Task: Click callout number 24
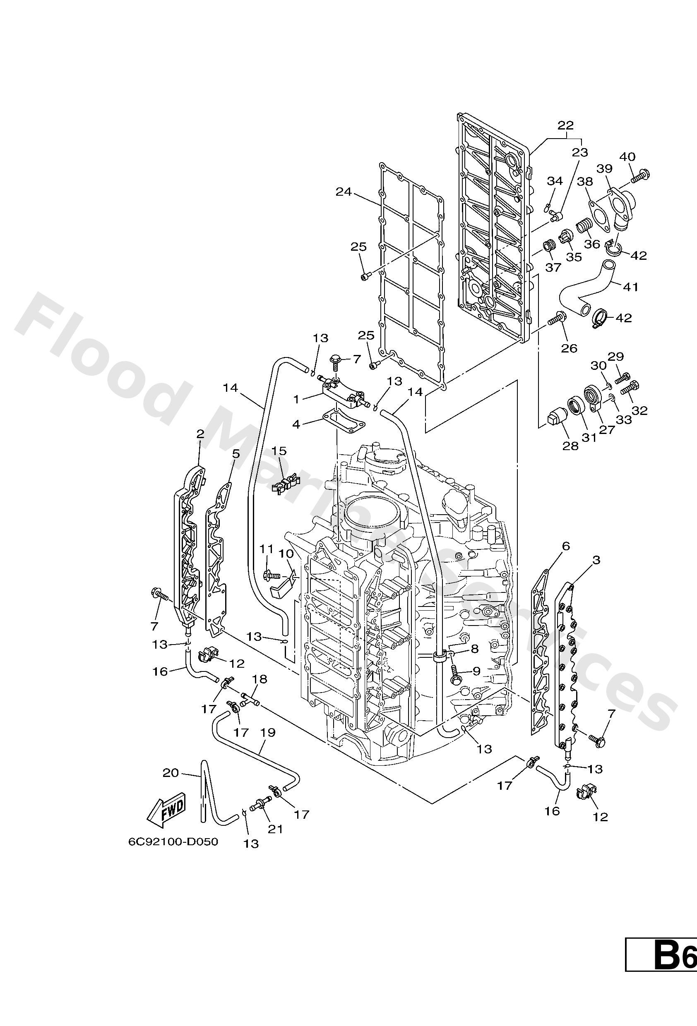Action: tap(344, 192)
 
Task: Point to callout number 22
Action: tap(565, 125)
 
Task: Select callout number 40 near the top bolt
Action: tap(627, 157)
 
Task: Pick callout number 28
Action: tap(570, 446)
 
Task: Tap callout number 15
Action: tap(279, 451)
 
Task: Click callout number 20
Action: tap(171, 772)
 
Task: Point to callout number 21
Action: tap(275, 829)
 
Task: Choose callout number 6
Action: tap(566, 546)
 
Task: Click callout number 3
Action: tap(596, 560)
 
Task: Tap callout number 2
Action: tap(200, 434)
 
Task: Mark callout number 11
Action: tap(267, 549)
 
